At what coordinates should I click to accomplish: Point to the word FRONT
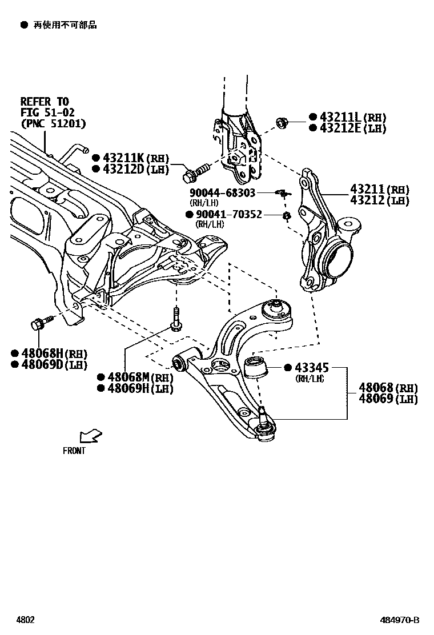click(74, 451)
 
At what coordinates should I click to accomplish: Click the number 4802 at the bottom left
click(25, 620)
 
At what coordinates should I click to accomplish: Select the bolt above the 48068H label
click(40, 323)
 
